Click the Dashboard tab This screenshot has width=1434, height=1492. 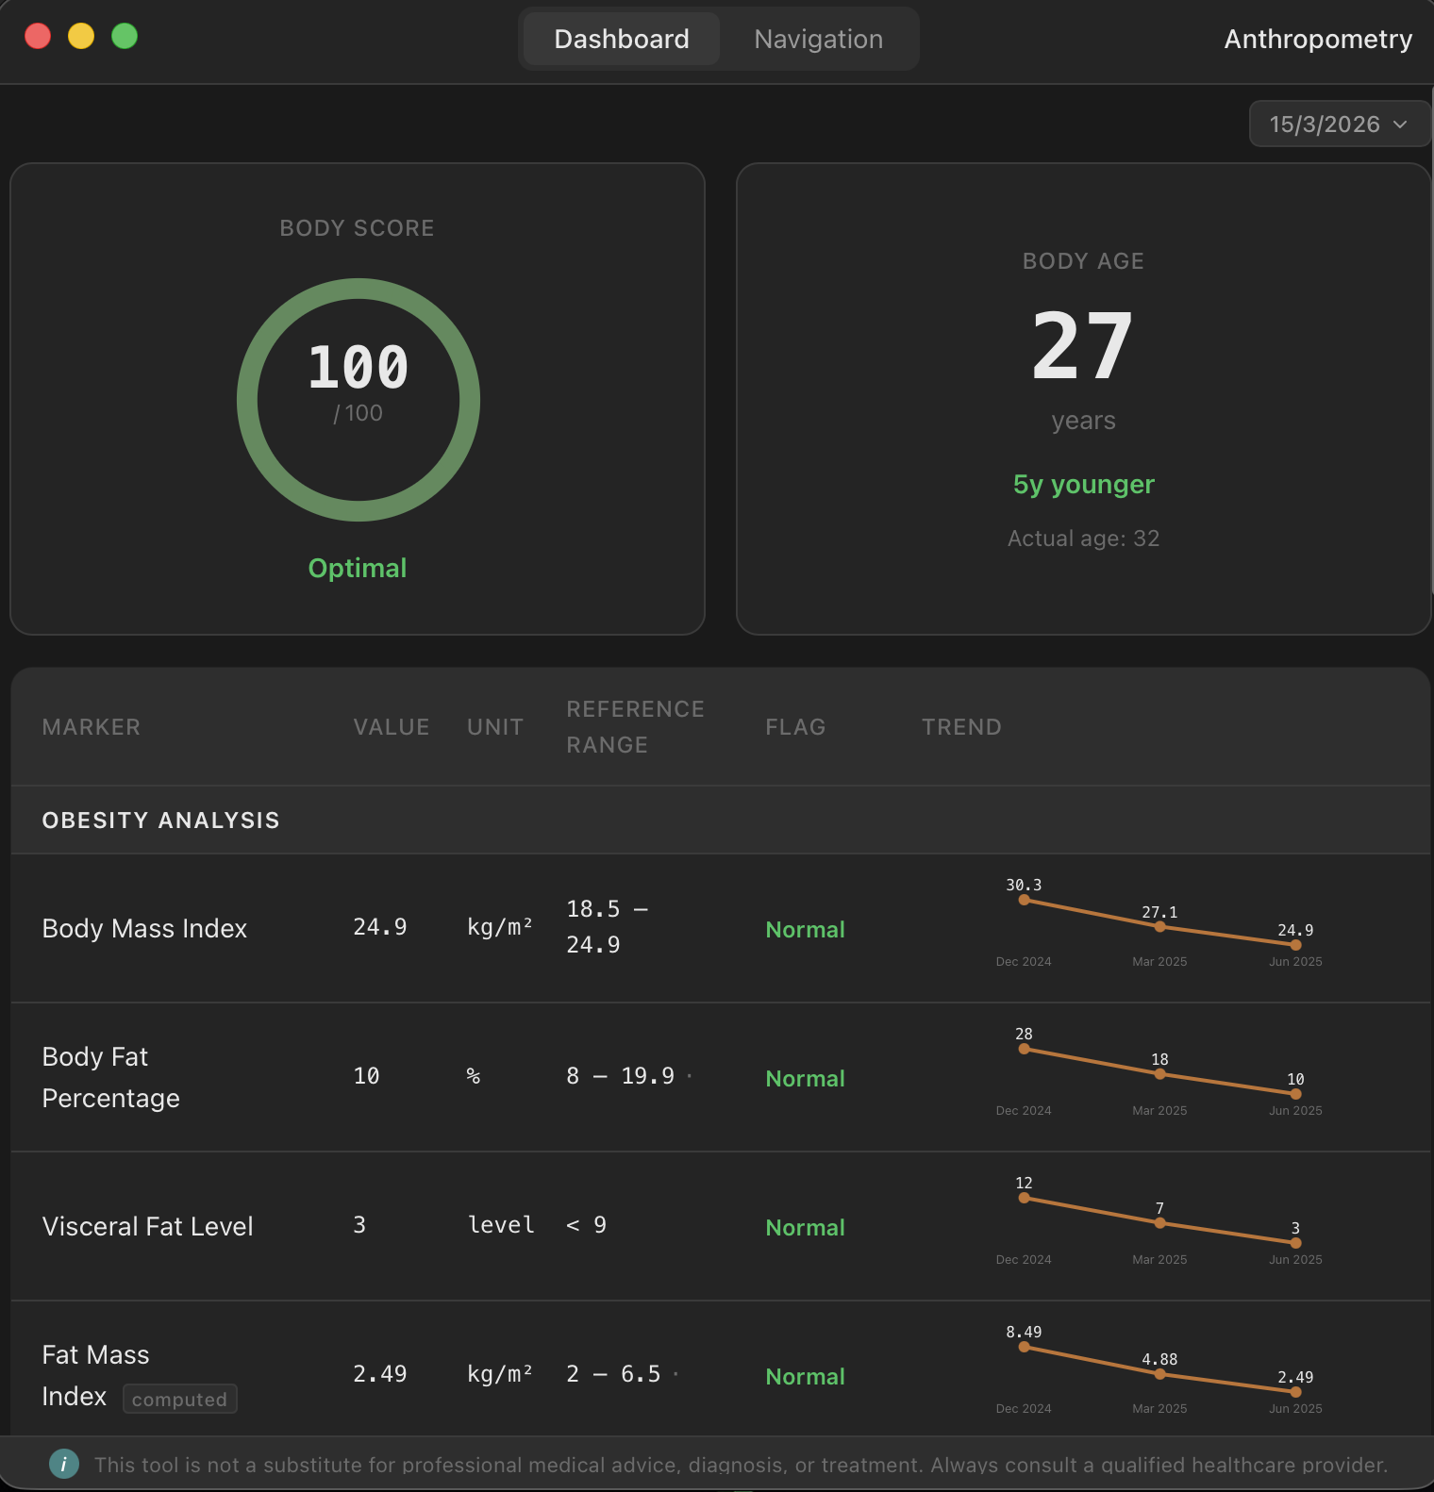coord(622,39)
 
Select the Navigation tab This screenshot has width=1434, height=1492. coord(818,39)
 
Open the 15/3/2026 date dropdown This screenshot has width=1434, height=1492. coord(1339,124)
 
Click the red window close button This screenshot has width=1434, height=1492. coord(38,36)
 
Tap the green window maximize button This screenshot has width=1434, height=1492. coord(125,36)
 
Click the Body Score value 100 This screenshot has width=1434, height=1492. coord(358,367)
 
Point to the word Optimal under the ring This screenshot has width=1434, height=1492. coord(358,568)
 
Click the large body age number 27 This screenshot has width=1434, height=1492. coord(1083,346)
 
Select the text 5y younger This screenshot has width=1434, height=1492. coord(1083,484)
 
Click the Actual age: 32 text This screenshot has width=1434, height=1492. coord(1083,539)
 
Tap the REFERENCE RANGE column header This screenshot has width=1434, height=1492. coord(635,727)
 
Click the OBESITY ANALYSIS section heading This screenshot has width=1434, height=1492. coord(161,821)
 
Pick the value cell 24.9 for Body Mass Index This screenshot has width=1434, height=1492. coord(380,927)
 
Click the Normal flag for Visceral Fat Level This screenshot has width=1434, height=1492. coord(805,1227)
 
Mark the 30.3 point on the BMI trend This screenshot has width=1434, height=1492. coord(1024,901)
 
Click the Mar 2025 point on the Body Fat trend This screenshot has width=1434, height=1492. coord(1159,1074)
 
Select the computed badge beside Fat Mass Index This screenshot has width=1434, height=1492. coord(179,1400)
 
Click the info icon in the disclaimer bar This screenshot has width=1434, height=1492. coord(64,1464)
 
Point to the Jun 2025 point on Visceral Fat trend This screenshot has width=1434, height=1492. coord(1295,1243)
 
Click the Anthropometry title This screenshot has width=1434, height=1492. coord(1318,39)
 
